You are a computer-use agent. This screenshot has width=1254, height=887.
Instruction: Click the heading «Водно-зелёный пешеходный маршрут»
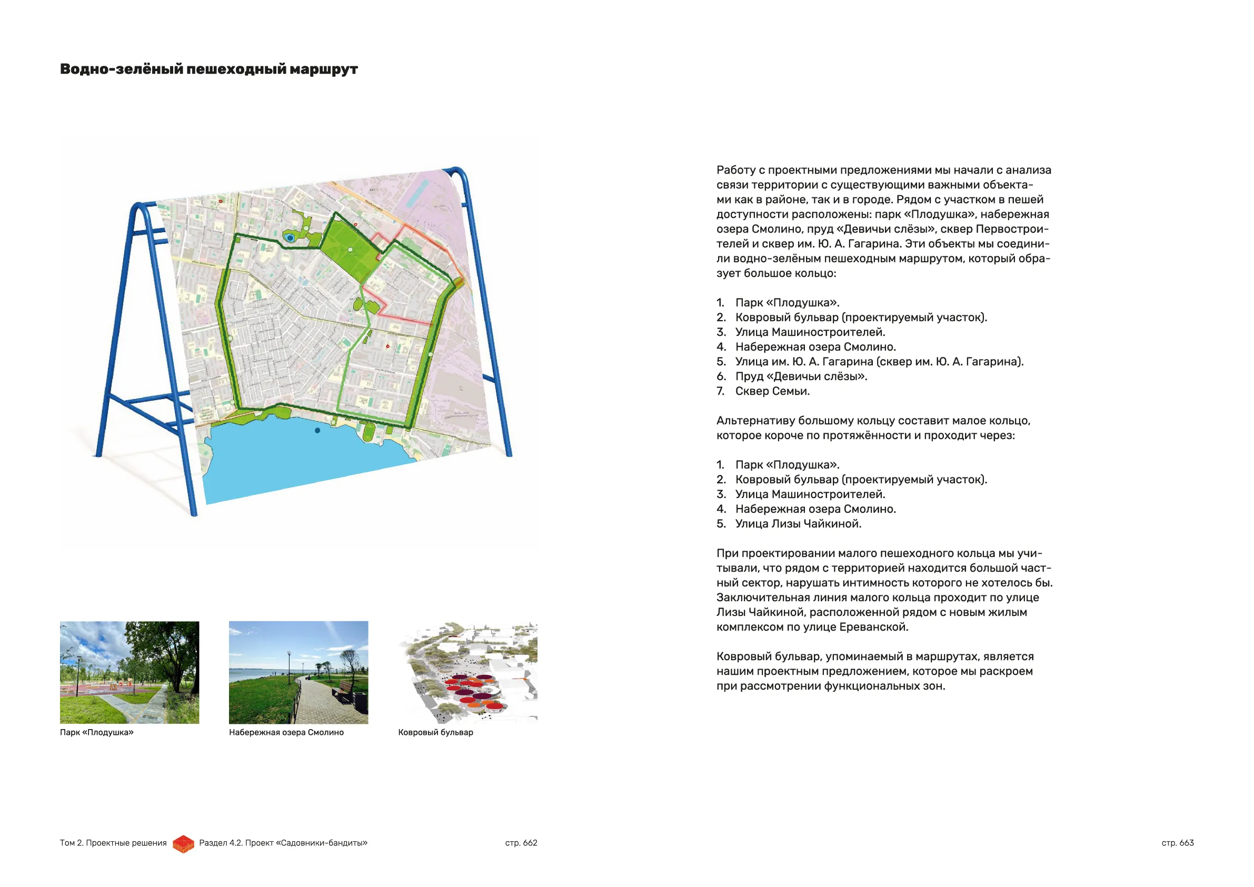click(208, 69)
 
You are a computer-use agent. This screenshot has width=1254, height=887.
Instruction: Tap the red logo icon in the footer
click(184, 844)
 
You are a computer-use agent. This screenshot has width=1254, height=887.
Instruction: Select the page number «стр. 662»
click(521, 843)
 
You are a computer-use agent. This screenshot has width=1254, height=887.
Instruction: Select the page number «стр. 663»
click(1178, 843)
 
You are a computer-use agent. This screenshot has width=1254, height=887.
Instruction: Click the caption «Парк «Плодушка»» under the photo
click(97, 732)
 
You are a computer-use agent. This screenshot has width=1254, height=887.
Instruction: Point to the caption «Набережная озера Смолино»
click(286, 732)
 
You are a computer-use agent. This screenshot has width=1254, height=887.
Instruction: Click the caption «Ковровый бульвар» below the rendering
click(435, 732)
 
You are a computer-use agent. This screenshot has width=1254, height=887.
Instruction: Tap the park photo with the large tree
click(130, 672)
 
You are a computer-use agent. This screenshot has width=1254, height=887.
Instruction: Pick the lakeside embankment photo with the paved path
click(298, 672)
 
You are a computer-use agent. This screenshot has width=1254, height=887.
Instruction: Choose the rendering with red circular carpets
click(468, 672)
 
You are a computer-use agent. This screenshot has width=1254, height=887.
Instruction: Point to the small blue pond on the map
click(290, 238)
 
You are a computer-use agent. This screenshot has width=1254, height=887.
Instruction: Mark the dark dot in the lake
click(317, 431)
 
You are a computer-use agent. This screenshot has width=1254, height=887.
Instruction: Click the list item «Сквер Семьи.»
click(772, 391)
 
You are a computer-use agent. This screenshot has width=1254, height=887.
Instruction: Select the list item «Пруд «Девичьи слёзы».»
click(801, 376)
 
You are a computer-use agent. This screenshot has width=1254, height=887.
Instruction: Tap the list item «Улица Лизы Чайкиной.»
click(798, 524)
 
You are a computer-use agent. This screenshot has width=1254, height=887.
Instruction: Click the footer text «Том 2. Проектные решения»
click(113, 843)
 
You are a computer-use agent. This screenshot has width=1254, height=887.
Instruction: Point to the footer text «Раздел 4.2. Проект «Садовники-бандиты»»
click(283, 843)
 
